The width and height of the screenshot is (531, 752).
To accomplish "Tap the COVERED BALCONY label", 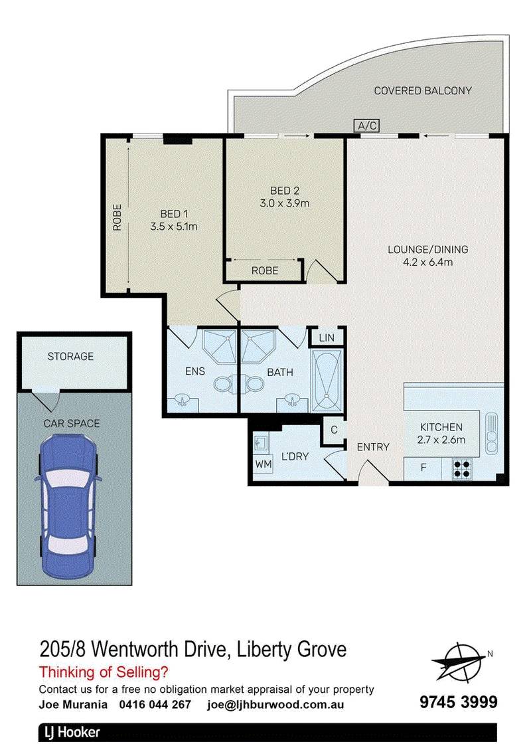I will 423,90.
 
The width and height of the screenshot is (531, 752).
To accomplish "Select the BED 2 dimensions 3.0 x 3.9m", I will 285,203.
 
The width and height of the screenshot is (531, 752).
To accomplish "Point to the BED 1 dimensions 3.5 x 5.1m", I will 174,226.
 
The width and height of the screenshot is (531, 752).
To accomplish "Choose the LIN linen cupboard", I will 327,337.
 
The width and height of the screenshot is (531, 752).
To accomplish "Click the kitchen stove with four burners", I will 462,468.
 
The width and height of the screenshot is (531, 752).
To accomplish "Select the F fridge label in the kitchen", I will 423,468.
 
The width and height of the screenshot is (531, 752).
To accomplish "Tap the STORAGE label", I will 70,357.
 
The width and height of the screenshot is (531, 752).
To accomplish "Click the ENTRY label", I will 373,447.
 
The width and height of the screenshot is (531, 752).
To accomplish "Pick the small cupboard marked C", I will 334,430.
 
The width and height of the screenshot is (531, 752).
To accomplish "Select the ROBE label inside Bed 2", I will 264,270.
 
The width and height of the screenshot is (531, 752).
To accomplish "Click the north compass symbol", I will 459,661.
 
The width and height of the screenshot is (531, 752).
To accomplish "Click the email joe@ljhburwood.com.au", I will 275,704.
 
